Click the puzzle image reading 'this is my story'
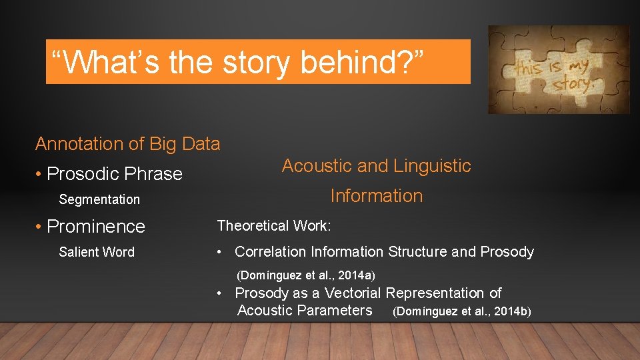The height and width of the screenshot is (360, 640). pos(558,70)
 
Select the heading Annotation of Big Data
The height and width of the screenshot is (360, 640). pos(127,144)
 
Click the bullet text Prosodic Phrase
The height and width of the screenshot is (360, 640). pos(114,174)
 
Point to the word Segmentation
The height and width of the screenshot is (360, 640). pos(99,199)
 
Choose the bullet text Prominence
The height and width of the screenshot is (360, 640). pos(95,227)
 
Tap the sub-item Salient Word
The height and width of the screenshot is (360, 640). pos(97,252)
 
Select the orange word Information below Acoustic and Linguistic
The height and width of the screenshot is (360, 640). pos(377,196)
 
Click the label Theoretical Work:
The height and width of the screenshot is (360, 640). pos(273,226)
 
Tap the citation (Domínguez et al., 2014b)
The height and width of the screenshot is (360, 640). pos(462,311)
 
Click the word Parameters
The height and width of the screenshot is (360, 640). pos(338,311)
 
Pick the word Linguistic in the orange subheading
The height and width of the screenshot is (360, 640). pos(433,166)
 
